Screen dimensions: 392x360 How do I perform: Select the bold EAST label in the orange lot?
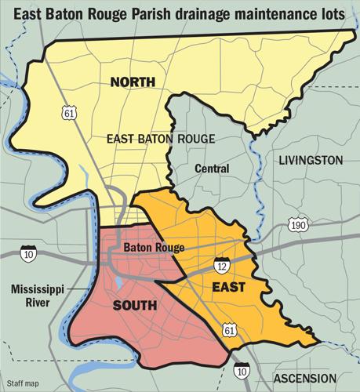tap(229, 288)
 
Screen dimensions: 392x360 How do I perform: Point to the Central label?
tap(212, 169)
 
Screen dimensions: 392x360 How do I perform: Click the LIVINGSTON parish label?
tap(311, 160)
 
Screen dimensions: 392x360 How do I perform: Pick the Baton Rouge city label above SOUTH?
tap(154, 248)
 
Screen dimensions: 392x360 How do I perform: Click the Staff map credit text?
tap(20, 383)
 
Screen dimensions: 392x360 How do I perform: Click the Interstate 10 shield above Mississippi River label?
tap(30, 254)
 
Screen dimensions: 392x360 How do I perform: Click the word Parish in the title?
tap(158, 14)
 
